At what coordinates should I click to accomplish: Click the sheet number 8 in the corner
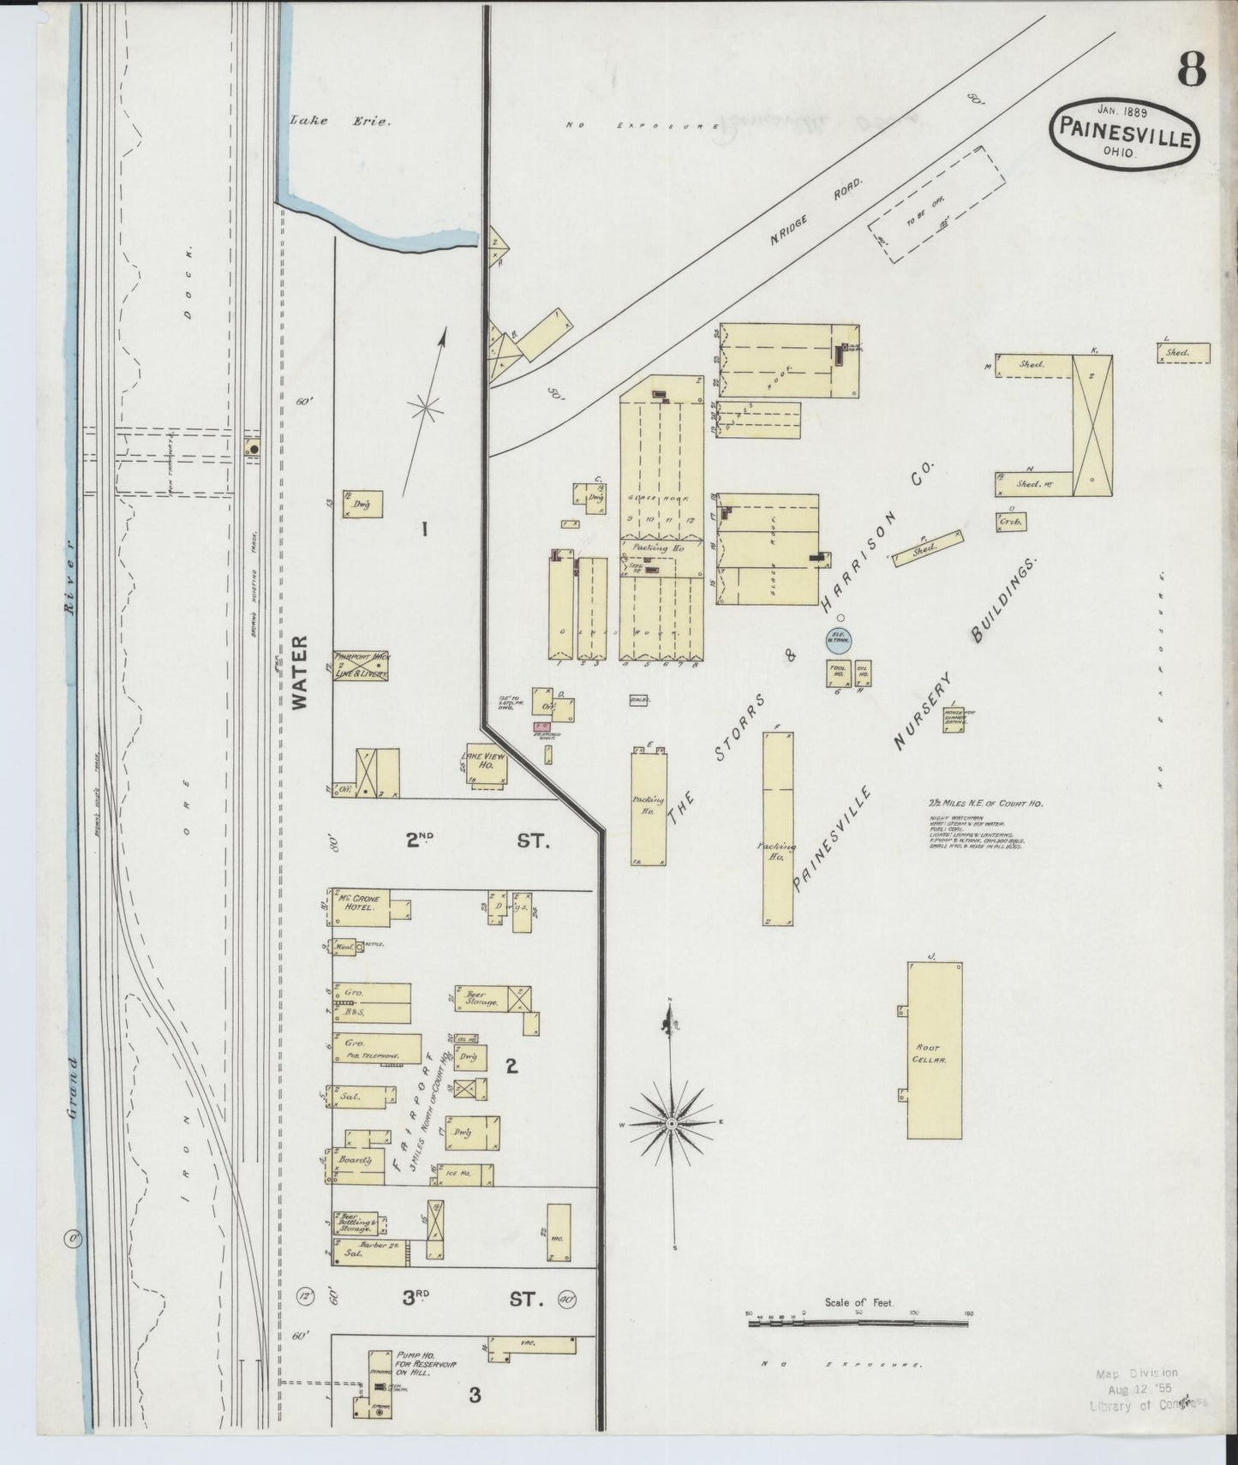1191,68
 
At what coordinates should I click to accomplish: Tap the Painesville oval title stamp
1121,131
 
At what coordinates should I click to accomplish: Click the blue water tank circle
837,638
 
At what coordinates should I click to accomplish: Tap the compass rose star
672,1122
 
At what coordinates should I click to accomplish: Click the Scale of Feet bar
859,1347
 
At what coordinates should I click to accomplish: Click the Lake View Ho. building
487,764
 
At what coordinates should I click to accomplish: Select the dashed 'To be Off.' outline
938,202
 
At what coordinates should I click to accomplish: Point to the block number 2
511,1067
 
